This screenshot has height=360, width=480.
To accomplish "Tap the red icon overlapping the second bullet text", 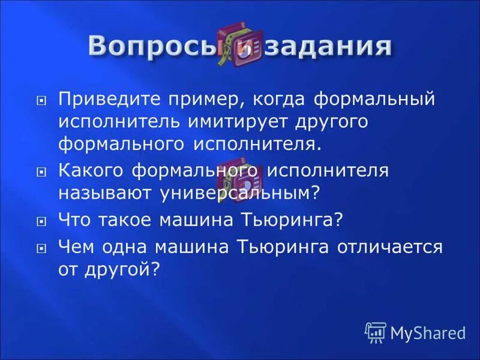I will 239,174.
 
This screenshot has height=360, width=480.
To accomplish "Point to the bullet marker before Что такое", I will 41,221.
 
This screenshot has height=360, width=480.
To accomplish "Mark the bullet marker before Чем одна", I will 41,247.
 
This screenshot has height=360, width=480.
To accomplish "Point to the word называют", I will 105,193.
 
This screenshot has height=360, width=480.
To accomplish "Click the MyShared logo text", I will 428,332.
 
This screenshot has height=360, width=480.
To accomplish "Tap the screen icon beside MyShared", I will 376,332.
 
